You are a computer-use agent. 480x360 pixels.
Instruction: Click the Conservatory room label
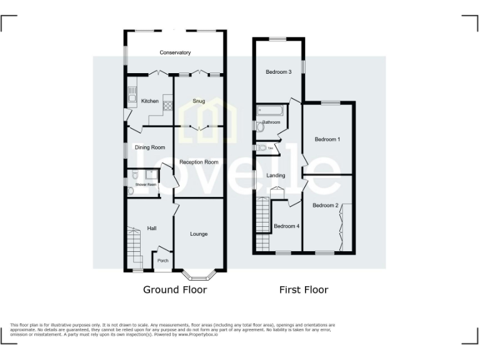tap(175, 52)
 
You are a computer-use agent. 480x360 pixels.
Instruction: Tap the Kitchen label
tap(150, 101)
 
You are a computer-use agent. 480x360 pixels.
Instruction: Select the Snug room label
tap(199, 101)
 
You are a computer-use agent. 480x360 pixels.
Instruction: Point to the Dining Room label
tap(150, 147)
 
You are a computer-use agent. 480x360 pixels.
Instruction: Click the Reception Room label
tap(199, 162)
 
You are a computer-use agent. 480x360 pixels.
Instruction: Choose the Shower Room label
tap(142, 185)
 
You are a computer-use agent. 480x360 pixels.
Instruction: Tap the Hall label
tap(152, 229)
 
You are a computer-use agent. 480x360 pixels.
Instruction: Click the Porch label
tap(162, 261)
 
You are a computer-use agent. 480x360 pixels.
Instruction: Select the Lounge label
tap(199, 234)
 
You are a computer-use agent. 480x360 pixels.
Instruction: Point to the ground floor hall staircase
tap(134, 247)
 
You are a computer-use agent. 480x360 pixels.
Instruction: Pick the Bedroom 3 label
tap(279, 72)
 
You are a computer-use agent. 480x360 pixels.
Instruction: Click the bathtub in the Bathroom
tap(271, 111)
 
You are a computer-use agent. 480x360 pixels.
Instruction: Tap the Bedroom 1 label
tap(327, 139)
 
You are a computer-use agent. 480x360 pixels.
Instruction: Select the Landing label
tap(276, 176)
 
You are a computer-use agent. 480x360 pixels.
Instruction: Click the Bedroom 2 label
tap(326, 206)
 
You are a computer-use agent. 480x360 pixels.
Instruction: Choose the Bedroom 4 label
tap(286, 226)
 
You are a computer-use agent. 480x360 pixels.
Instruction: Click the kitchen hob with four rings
tap(167, 105)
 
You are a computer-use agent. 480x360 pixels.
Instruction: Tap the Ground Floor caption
tap(175, 290)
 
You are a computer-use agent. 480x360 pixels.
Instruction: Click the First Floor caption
tap(303, 290)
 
